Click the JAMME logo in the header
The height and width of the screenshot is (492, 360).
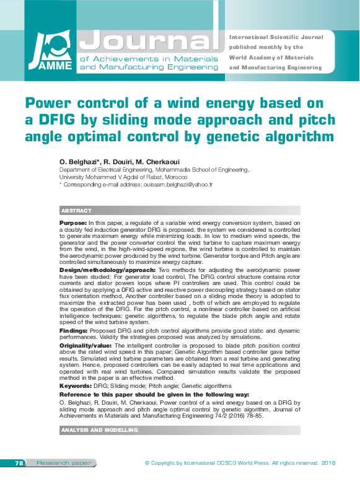(x=48, y=53)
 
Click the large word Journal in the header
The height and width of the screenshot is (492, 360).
(x=150, y=40)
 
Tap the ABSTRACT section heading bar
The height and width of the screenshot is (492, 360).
(x=76, y=211)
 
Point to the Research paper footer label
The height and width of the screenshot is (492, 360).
(x=55, y=463)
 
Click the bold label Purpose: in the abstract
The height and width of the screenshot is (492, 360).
(x=73, y=222)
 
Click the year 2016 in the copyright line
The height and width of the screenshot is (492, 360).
(x=328, y=463)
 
